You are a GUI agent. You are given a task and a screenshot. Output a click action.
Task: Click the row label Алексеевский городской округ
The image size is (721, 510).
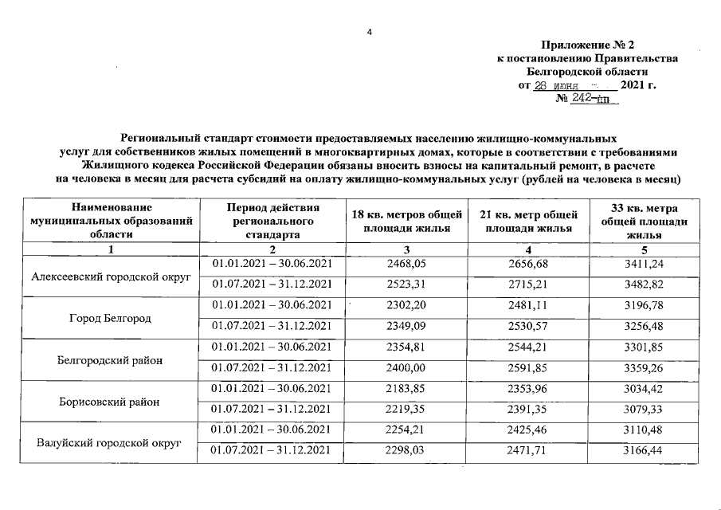coord(112,277)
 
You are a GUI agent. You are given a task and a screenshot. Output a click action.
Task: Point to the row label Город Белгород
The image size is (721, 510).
coord(112,318)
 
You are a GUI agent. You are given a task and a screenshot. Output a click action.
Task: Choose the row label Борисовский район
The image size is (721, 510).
coord(112,402)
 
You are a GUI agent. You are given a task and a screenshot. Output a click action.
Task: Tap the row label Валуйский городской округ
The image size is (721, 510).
coord(112,442)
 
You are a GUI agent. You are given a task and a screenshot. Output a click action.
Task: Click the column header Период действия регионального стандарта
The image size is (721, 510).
coord(271,221)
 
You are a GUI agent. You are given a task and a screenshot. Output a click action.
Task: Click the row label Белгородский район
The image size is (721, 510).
coord(112,360)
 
